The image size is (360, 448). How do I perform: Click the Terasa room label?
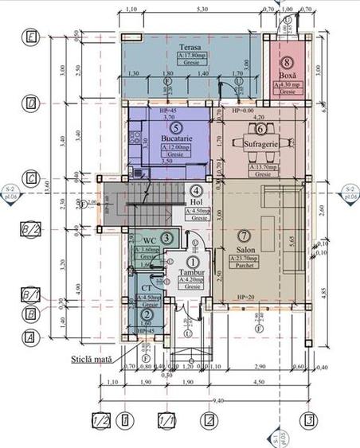coord(189,48)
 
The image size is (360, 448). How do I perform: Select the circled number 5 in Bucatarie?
coord(177,127)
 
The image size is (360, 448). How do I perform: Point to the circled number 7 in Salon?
coord(245,236)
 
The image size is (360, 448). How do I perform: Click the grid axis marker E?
coord(30,37)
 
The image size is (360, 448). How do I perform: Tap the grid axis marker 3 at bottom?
coord(304,419)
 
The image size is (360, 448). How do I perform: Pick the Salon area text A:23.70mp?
coord(244,259)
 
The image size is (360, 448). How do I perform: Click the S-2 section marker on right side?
coord(348,191)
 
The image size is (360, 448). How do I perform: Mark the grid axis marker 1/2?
coord(100,419)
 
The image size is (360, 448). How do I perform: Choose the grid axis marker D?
coord(30,103)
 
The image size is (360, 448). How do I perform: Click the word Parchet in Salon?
coord(244,267)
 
